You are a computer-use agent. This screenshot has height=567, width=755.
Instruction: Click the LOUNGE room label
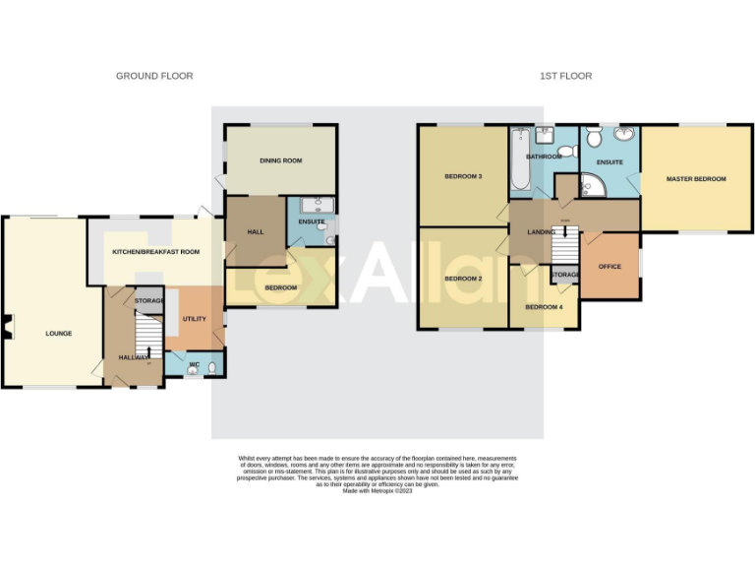[x=58, y=334]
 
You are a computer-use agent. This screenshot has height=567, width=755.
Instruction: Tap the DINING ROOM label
[x=280, y=160]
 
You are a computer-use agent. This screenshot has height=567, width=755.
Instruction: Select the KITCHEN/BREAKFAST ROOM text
[x=155, y=252]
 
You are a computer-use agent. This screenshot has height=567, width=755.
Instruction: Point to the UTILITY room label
[x=194, y=320]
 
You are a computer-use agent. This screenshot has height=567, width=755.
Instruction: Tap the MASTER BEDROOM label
[x=695, y=179]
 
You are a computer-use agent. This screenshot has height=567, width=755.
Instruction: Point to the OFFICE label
[x=610, y=266]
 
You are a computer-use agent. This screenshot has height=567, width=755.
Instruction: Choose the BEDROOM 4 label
[x=544, y=307]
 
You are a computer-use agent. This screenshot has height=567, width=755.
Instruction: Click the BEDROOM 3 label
[x=463, y=176]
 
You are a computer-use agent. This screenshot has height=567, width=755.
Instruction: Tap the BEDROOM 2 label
[x=463, y=279]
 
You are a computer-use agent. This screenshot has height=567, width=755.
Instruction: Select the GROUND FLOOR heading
[x=154, y=76]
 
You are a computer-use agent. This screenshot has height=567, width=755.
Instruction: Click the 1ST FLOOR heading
[x=565, y=76]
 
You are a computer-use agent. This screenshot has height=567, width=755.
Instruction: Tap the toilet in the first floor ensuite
[x=595, y=137]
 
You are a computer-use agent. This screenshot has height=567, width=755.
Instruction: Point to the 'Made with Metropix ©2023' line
[x=377, y=490]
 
